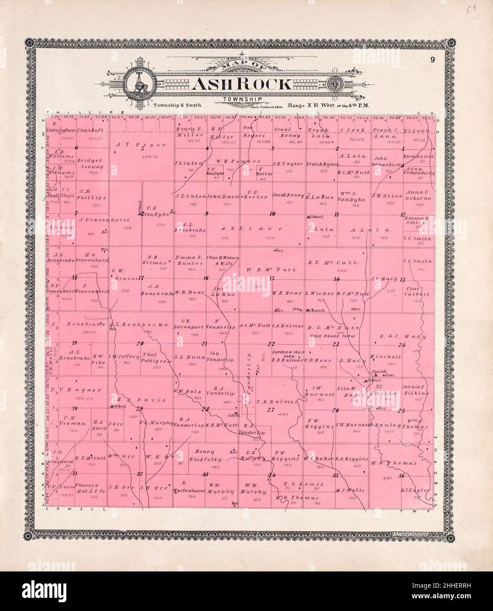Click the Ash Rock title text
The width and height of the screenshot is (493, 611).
[241, 84]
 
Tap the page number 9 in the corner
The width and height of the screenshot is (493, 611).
[432, 60]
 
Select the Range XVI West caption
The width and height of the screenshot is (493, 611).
[316, 105]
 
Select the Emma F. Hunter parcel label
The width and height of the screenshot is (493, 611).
[189, 260]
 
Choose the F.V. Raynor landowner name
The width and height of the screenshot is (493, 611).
[76, 390]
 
